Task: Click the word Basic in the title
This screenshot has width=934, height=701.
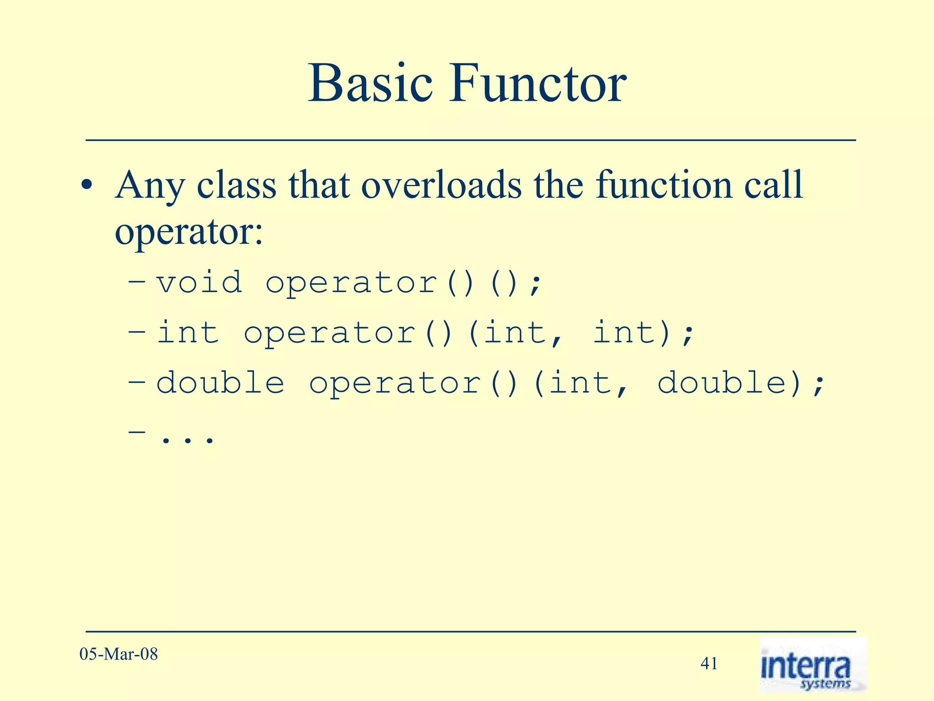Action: pos(370,84)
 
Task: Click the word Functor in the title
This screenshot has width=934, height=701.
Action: pos(538,84)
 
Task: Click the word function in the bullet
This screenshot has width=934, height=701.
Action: pos(664,185)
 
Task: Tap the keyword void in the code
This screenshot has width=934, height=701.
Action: pos(199,282)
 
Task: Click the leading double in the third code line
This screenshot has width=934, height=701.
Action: pos(220,382)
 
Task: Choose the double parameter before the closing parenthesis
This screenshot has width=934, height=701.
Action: pos(722,382)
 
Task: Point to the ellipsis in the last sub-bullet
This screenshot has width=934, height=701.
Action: pos(187,439)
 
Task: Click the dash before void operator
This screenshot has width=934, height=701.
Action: pos(137,282)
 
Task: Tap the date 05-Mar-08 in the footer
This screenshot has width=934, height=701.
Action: pos(119,654)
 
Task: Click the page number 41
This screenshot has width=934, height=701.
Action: pos(709,663)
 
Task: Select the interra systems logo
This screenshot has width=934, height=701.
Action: pos(813,665)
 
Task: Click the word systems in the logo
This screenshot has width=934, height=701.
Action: pos(825,683)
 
